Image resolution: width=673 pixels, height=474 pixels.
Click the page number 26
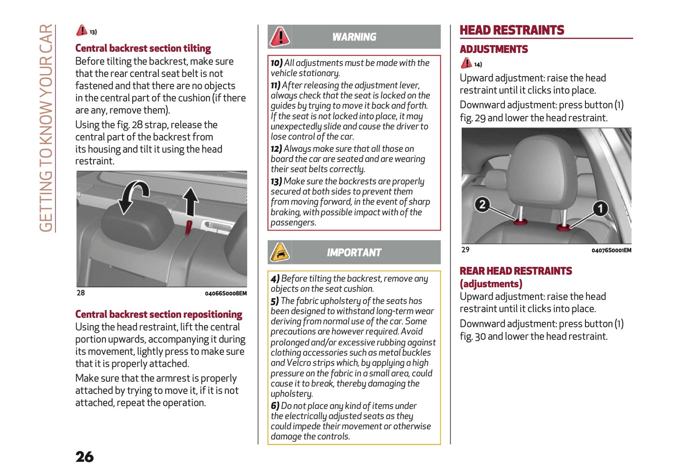pyautogui.click(x=84, y=456)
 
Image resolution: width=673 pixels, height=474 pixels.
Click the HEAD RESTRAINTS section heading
pyautogui.click(x=511, y=30)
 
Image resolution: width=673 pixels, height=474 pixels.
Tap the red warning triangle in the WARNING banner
pyautogui.click(x=280, y=37)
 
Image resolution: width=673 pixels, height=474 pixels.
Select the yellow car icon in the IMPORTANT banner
pyautogui.click(x=280, y=252)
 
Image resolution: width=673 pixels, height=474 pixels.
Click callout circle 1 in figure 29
pyautogui.click(x=600, y=208)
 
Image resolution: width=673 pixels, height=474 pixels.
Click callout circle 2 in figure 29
pyautogui.click(x=482, y=204)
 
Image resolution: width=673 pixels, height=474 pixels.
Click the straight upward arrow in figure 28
pyautogui.click(x=190, y=202)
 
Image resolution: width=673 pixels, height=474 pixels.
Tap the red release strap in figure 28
pyautogui.click(x=189, y=227)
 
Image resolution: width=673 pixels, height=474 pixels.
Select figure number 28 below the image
pyautogui.click(x=81, y=293)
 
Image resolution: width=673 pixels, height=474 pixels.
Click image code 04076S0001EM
pyautogui.click(x=611, y=251)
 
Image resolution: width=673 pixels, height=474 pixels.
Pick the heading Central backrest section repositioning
pyautogui.click(x=158, y=314)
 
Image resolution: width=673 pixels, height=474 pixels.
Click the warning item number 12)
pyautogui.click(x=276, y=149)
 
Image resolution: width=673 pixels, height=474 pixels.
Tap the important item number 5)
pyautogui.click(x=275, y=301)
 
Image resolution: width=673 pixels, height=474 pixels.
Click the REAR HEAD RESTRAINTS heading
pyautogui.click(x=516, y=271)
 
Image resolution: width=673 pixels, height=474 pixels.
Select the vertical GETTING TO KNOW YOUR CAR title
pyautogui.click(x=46, y=128)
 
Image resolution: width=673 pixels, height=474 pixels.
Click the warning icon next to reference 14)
pyautogui.click(x=466, y=63)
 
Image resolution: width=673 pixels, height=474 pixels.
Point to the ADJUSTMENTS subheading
pyautogui.click(x=494, y=49)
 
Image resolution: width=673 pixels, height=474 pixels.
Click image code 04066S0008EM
pyautogui.click(x=225, y=293)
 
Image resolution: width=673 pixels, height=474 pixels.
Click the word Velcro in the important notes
pyautogui.click(x=298, y=363)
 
